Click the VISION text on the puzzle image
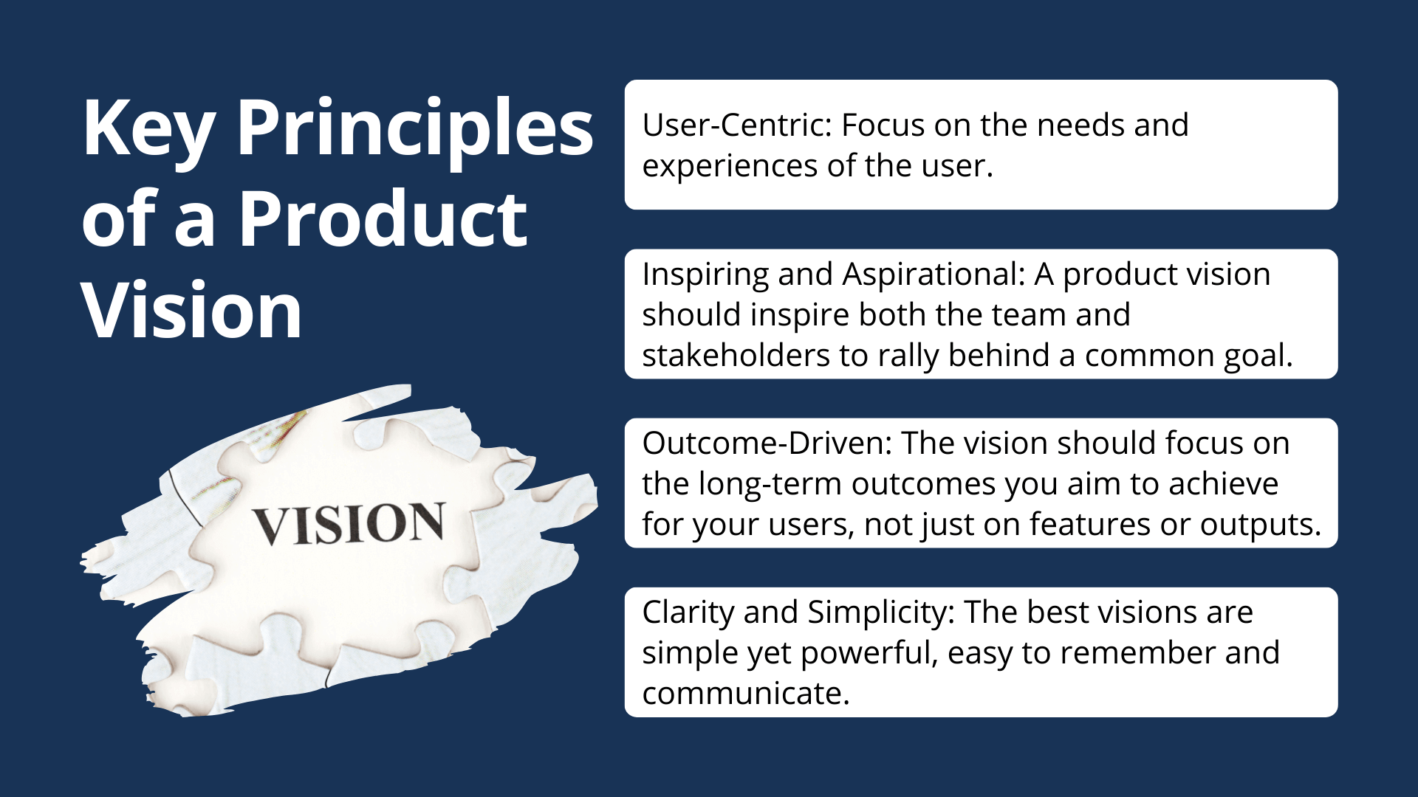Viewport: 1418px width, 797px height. [x=349, y=524]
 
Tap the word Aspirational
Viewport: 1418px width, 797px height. [x=933, y=275]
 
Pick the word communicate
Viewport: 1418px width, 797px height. [x=746, y=694]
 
